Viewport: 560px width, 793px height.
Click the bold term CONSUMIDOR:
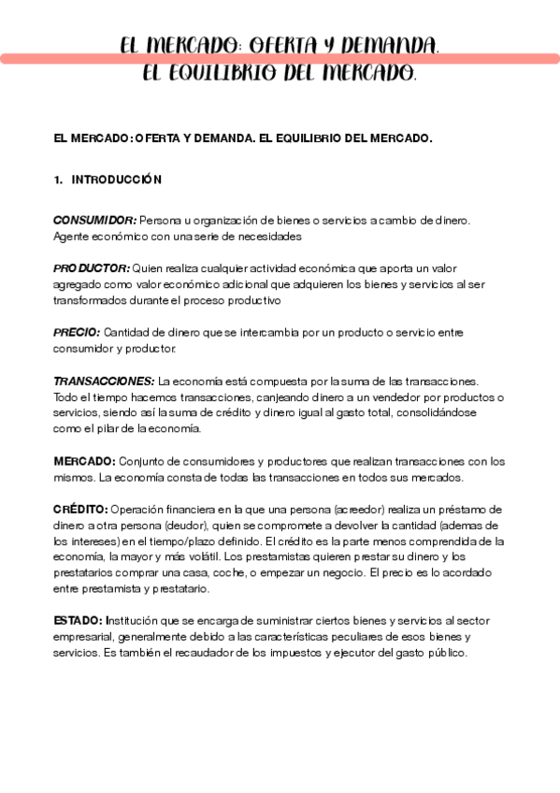[x=93, y=220]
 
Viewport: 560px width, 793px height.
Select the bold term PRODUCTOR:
[x=91, y=268]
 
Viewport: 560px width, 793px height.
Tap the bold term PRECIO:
[x=77, y=332]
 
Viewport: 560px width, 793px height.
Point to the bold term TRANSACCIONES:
[x=104, y=381]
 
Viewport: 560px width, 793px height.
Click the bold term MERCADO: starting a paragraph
[x=84, y=461]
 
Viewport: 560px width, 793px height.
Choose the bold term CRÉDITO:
[x=80, y=510]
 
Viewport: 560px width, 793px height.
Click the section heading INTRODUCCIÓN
[x=117, y=179]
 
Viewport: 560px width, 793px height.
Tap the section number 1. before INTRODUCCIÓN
[x=59, y=179]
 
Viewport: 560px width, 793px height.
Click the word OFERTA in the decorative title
[x=288, y=45]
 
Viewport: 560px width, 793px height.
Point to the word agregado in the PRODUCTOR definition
[x=78, y=284]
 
